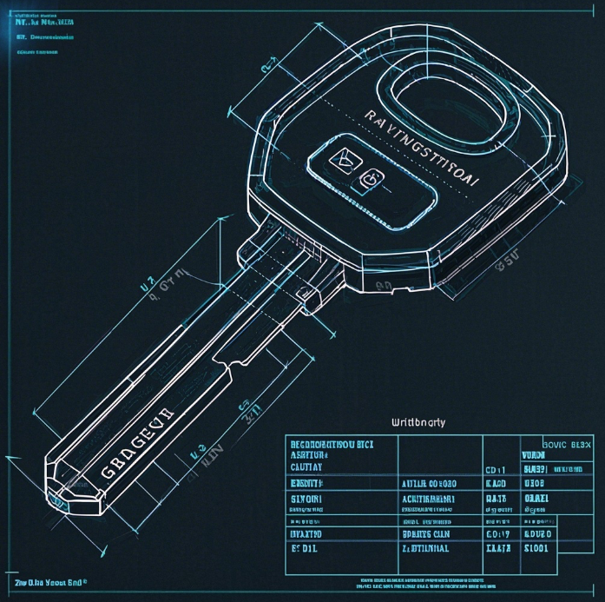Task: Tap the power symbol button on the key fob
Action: [370, 178]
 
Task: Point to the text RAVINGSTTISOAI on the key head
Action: [421, 148]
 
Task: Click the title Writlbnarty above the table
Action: [418, 422]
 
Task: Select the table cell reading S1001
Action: [536, 548]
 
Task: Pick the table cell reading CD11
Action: [494, 470]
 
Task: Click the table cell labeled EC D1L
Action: [306, 549]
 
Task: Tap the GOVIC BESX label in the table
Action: [565, 444]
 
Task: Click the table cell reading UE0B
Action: [535, 483]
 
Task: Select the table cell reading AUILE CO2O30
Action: [428, 483]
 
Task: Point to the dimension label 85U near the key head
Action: [505, 258]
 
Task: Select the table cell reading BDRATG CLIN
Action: [426, 533]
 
